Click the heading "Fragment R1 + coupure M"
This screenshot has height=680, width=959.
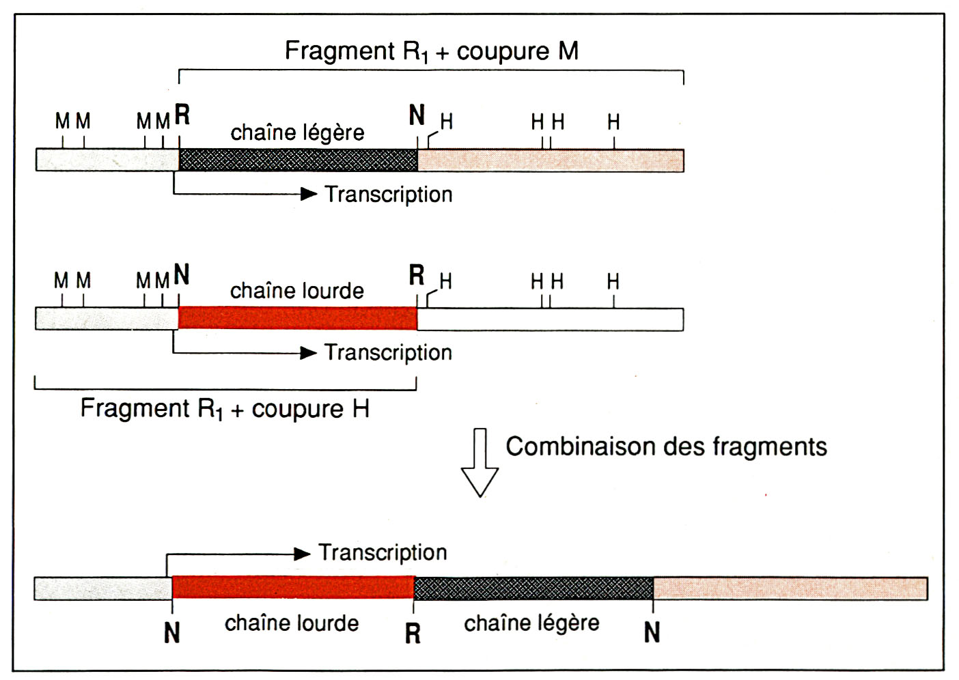click(x=431, y=51)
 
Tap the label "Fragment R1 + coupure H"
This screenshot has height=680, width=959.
click(x=225, y=409)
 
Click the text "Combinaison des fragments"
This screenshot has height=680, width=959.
click(x=666, y=447)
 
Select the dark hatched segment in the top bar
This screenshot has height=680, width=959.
click(x=298, y=160)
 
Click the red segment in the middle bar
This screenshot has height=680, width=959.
click(x=298, y=319)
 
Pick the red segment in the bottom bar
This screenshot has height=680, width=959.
click(x=293, y=588)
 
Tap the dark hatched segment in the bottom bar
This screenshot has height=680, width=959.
click(x=533, y=589)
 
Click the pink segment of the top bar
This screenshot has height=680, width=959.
click(x=550, y=160)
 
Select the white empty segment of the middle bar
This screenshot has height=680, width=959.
click(x=550, y=320)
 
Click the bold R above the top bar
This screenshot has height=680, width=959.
click(x=182, y=115)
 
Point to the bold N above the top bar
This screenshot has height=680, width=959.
click(x=417, y=115)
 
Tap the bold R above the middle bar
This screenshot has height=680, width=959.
click(x=417, y=275)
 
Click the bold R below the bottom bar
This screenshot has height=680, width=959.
click(x=413, y=634)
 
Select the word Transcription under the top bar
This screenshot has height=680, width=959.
click(x=388, y=195)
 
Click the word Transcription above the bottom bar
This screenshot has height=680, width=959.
click(x=383, y=552)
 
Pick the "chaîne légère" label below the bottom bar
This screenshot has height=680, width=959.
click(x=531, y=623)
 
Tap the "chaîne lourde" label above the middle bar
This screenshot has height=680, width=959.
click(x=296, y=291)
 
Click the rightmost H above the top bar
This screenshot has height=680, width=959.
click(x=613, y=123)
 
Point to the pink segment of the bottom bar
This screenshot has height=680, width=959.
click(x=790, y=589)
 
